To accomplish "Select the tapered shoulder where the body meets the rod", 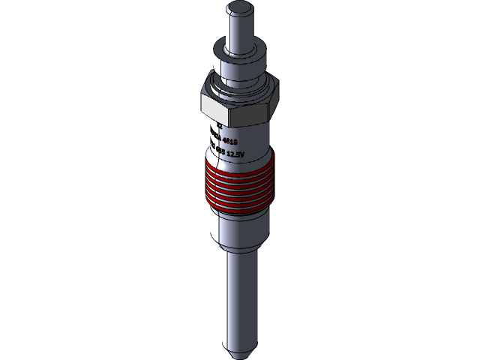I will (239, 252).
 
